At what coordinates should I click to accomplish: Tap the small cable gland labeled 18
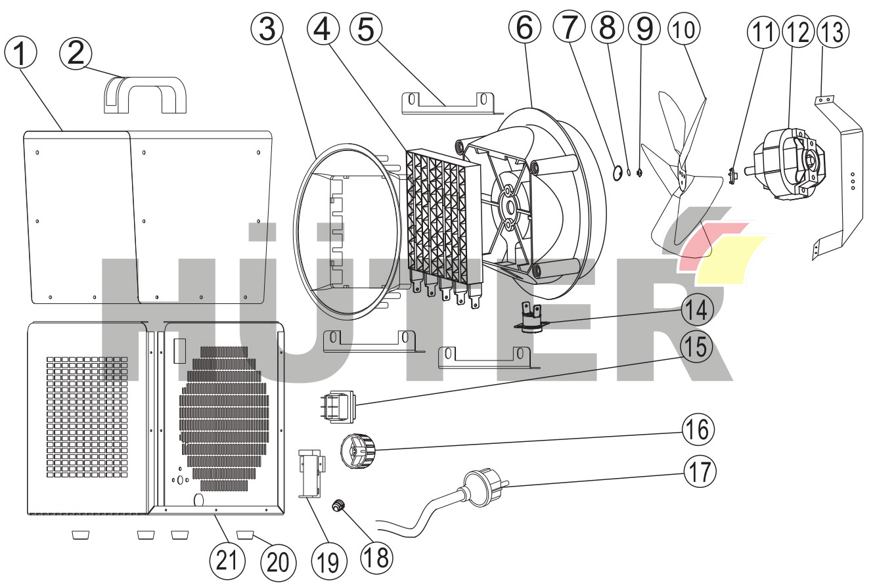tap(339, 505)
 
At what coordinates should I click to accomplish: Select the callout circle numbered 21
tap(227, 560)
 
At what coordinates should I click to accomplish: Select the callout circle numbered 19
tap(328, 561)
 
